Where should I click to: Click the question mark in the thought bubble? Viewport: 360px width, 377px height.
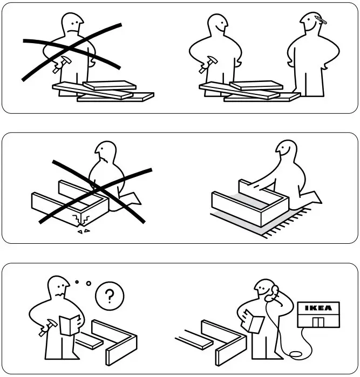pyautogui.click(x=110, y=296)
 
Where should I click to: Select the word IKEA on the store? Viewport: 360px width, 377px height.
pyautogui.click(x=319, y=309)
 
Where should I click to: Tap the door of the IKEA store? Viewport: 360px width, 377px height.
pyautogui.click(x=320, y=323)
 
